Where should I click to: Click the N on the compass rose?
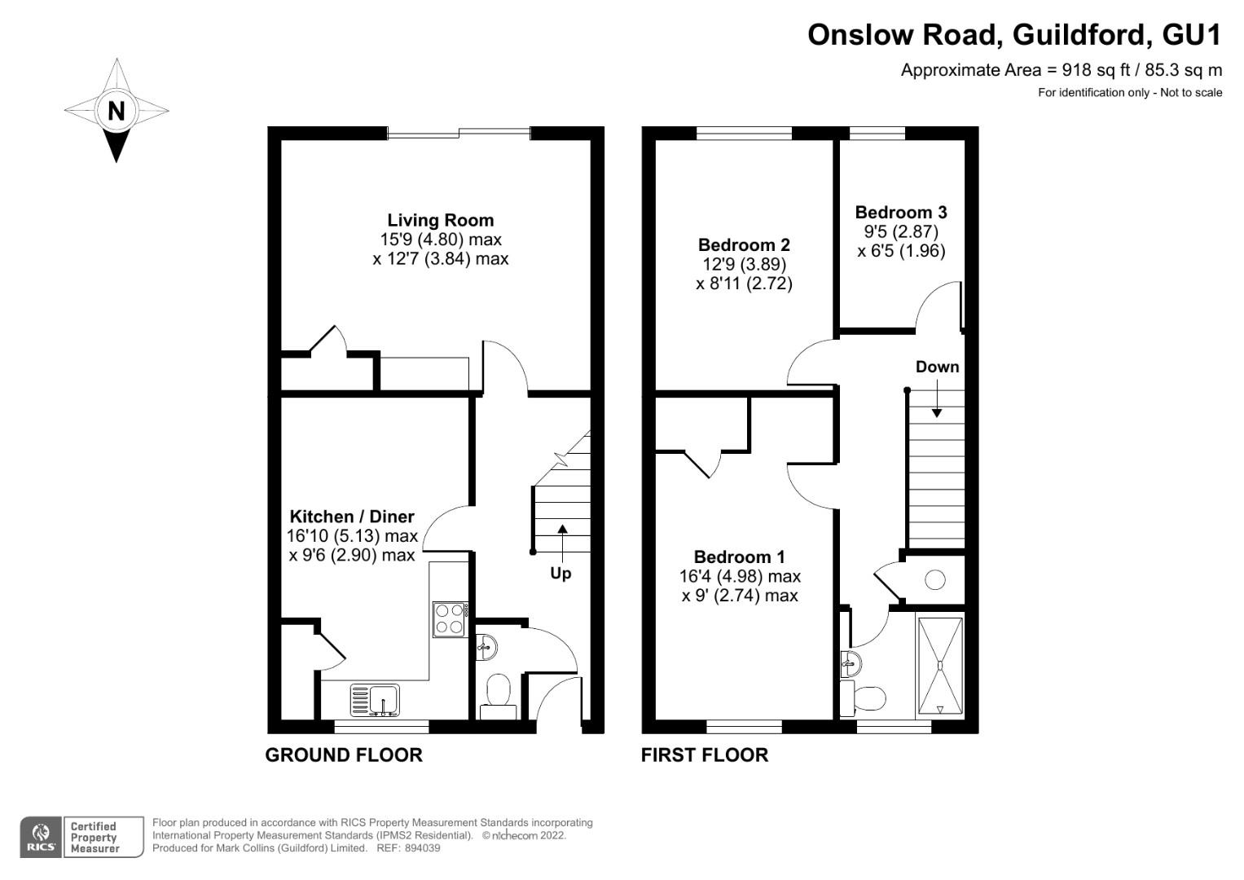pyautogui.click(x=116, y=110)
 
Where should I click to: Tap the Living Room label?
pyautogui.click(x=440, y=220)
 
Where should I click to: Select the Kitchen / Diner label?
pyautogui.click(x=352, y=517)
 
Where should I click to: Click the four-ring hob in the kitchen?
pyautogui.click(x=450, y=618)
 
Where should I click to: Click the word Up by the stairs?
pyautogui.click(x=560, y=574)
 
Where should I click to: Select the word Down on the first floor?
pyautogui.click(x=937, y=367)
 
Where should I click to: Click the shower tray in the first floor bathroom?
pyautogui.click(x=940, y=666)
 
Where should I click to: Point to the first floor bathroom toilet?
pyautogui.click(x=865, y=698)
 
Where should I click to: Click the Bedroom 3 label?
pyautogui.click(x=901, y=213)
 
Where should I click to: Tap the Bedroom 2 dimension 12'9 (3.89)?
pyautogui.click(x=744, y=264)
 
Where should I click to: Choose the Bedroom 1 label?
pyautogui.click(x=739, y=557)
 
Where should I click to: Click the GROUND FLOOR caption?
pyautogui.click(x=344, y=755)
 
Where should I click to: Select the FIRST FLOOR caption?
pyautogui.click(x=705, y=755)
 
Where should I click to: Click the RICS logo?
pyautogui.click(x=40, y=838)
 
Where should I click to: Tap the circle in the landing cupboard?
pyautogui.click(x=935, y=580)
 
